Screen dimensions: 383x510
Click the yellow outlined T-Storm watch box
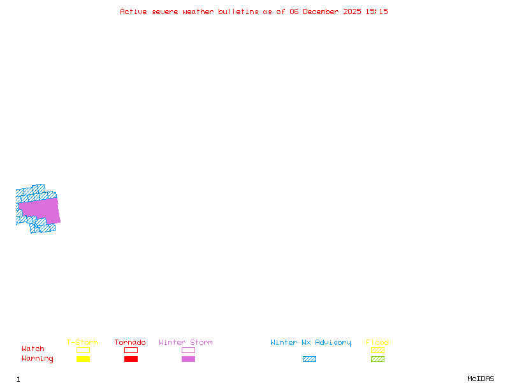pyautogui.click(x=83, y=350)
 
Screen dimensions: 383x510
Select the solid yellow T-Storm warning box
pyautogui.click(x=83, y=359)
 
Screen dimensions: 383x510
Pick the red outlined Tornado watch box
pyautogui.click(x=131, y=350)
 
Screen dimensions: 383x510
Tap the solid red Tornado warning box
pyautogui.click(x=131, y=359)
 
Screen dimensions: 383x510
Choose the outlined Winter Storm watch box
pyautogui.click(x=188, y=350)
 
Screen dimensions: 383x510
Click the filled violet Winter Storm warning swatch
pyautogui.click(x=188, y=359)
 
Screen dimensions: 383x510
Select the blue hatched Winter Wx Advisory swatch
pyautogui.click(x=309, y=359)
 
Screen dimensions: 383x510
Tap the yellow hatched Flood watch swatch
pyautogui.click(x=377, y=350)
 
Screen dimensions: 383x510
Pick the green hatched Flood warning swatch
pyautogui.click(x=377, y=359)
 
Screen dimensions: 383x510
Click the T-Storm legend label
pyautogui.click(x=82, y=342)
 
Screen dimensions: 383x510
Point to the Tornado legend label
pyautogui.click(x=130, y=342)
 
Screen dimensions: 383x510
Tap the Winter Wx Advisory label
pyautogui.click(x=310, y=342)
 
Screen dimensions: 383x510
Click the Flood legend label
pyautogui.click(x=377, y=342)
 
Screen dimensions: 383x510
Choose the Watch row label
pyautogui.click(x=33, y=349)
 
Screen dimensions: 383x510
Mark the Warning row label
pyautogui.click(x=38, y=359)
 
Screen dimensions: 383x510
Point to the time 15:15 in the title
pyautogui.click(x=377, y=11)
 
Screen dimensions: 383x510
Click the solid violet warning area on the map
pyautogui.click(x=40, y=210)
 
